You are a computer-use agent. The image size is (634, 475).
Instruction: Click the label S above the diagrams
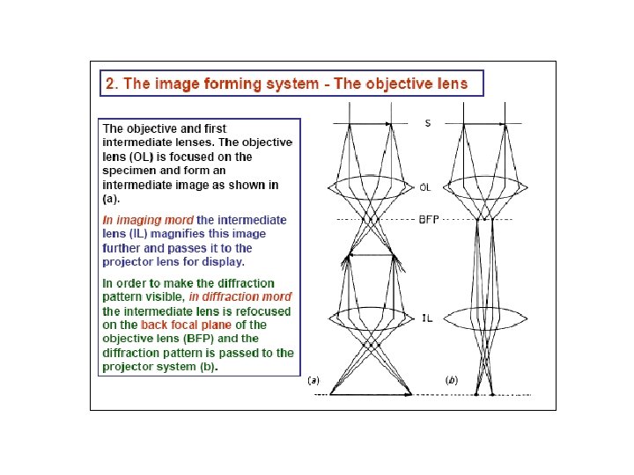(x=428, y=123)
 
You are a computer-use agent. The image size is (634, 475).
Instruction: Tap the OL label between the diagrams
(x=425, y=187)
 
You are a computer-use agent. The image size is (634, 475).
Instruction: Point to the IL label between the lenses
(x=426, y=318)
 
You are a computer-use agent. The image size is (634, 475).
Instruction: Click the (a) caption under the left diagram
(x=313, y=382)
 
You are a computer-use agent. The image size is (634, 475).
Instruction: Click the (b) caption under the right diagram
(x=452, y=382)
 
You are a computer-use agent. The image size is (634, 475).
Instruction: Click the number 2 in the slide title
(x=110, y=84)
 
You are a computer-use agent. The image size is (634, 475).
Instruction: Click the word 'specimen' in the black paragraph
(x=130, y=171)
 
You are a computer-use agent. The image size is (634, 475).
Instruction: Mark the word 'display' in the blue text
(x=222, y=261)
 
